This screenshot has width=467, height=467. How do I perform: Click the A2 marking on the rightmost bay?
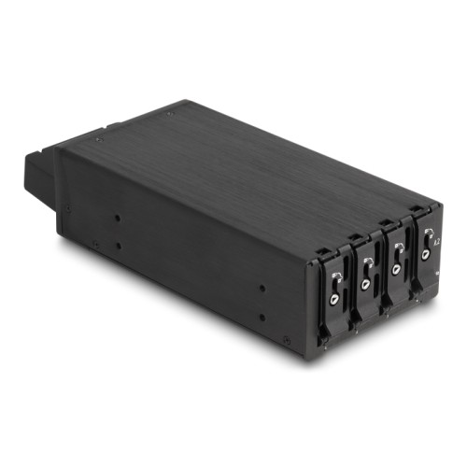[x=437, y=241]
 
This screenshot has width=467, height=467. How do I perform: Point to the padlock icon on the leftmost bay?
[x=337, y=275]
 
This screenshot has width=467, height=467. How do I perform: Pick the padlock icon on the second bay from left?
[x=367, y=261]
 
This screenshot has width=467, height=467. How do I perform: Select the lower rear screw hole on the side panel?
[x=118, y=246]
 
